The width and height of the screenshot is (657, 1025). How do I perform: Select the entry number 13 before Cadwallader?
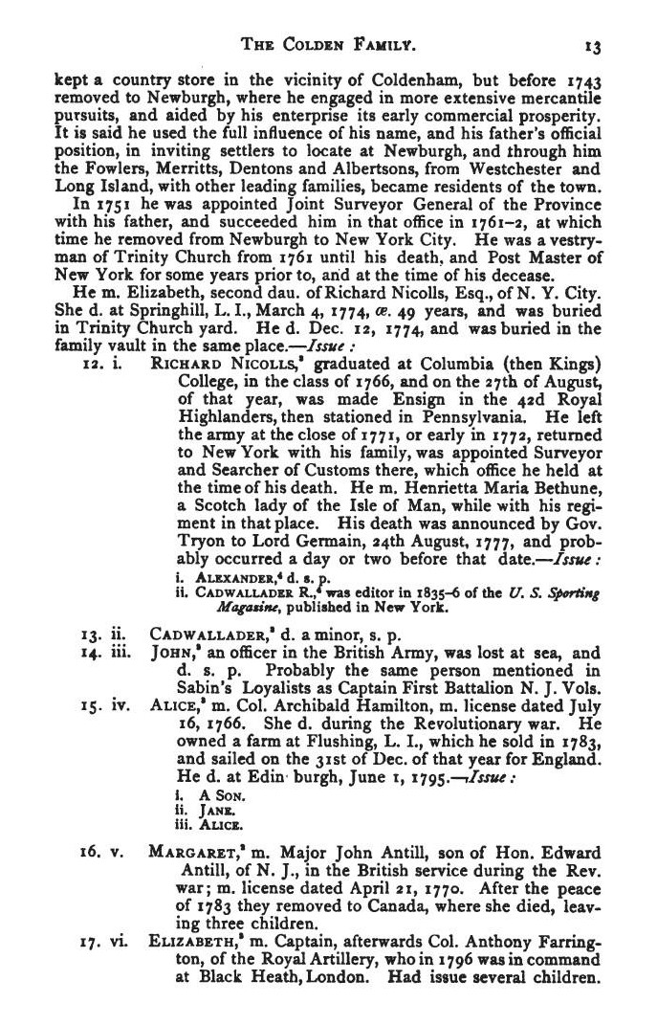click(90, 635)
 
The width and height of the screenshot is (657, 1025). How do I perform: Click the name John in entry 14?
click(171, 653)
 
